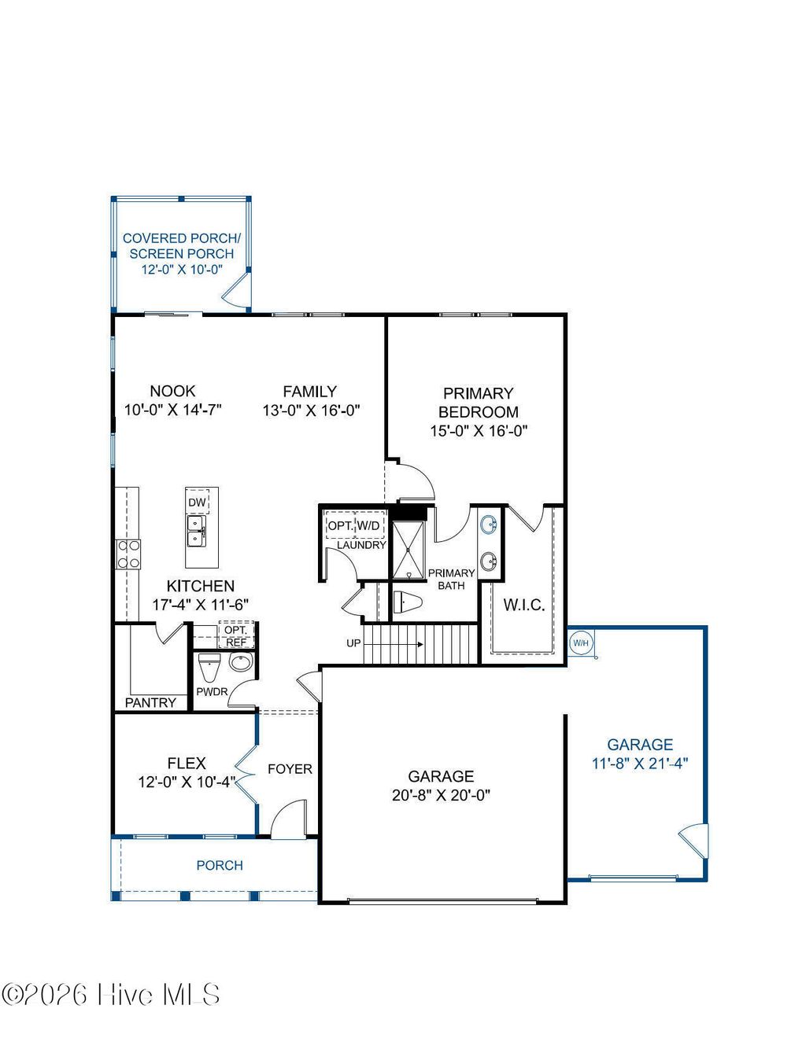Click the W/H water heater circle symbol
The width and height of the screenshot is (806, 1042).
click(580, 643)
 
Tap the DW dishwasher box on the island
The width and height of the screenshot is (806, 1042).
click(197, 503)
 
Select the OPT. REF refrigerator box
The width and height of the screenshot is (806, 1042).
click(235, 636)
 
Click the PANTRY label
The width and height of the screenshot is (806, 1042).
click(150, 702)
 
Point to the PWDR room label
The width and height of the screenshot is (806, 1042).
click(212, 692)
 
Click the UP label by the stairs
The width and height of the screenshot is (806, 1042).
click(353, 643)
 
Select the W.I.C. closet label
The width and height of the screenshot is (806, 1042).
click(523, 605)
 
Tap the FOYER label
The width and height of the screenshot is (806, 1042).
click(290, 769)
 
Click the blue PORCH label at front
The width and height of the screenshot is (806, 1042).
click(220, 865)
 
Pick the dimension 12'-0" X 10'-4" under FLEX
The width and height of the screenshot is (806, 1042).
click(187, 782)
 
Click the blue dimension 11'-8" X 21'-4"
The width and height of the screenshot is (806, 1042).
click(640, 763)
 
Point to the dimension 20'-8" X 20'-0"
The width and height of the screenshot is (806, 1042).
click(441, 795)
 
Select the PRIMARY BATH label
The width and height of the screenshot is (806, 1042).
click(451, 579)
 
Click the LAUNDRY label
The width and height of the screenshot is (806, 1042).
click(361, 545)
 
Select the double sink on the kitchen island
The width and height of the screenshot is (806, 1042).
click(195, 531)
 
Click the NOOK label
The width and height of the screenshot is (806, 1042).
click(172, 391)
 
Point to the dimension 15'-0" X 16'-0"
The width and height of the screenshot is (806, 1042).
click(478, 431)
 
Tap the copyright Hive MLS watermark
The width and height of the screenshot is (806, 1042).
click(111, 995)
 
